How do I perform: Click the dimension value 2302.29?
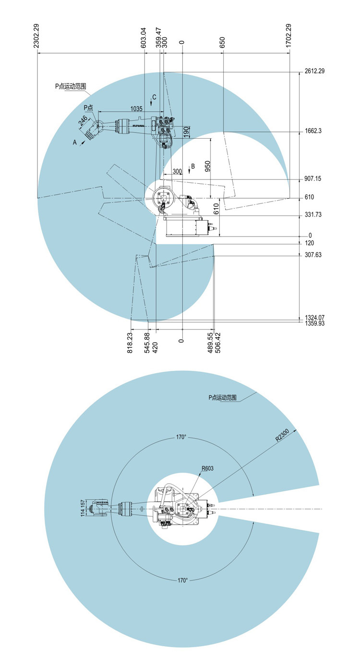pyautogui.click(x=36, y=36)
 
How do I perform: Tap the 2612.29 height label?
pyautogui.click(x=314, y=71)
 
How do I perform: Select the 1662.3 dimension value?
pyautogui.click(x=313, y=131)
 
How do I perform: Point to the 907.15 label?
pyautogui.click(x=312, y=179)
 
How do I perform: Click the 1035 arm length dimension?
pyautogui.click(x=136, y=109)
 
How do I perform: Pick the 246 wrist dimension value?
pyautogui.click(x=83, y=120)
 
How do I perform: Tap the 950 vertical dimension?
pyautogui.click(x=207, y=166)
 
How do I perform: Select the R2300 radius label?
pyautogui.click(x=282, y=435)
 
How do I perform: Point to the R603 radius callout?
pyautogui.click(x=207, y=468)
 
